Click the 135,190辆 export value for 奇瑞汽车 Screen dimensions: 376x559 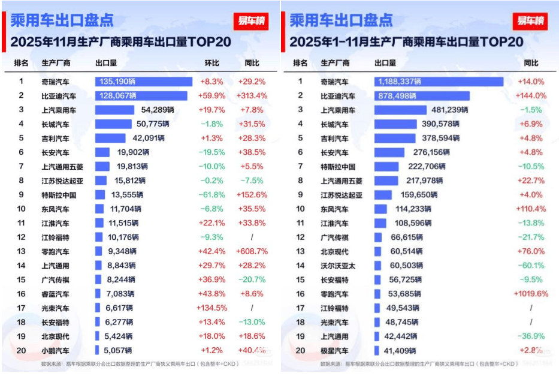[x=116, y=81]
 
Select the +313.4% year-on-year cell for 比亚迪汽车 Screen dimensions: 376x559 [x=252, y=95]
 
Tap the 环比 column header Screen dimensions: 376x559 [x=212, y=63]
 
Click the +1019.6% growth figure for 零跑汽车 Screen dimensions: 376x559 [x=530, y=294]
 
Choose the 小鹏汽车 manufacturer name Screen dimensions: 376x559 [x=55, y=350]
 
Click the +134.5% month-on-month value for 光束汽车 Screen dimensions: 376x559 [x=212, y=308]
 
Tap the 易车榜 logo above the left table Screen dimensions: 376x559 [x=251, y=21]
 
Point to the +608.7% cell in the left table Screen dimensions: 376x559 [x=252, y=251]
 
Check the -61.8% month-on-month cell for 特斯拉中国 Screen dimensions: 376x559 [x=212, y=195]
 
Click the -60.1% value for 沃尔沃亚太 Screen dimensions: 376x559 [x=530, y=266]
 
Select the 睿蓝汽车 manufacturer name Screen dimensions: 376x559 [x=55, y=294]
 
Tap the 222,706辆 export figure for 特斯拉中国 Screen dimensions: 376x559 [x=427, y=167]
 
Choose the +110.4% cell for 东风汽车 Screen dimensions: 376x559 [x=530, y=209]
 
